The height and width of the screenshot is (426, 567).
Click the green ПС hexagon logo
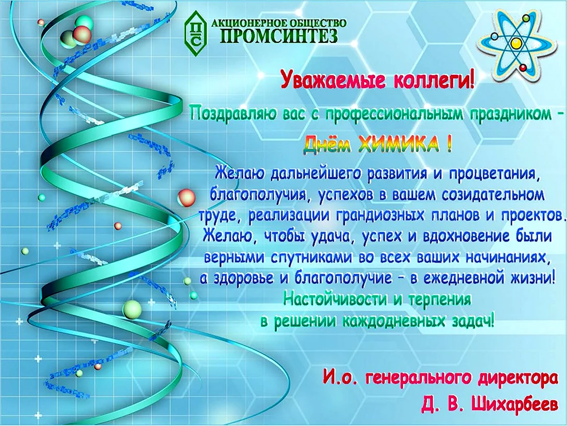pyautogui.click(x=196, y=34)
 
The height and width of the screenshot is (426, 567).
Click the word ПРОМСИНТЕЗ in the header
pyautogui.click(x=279, y=36)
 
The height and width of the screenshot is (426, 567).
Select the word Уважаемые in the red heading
pyautogui.click(x=328, y=80)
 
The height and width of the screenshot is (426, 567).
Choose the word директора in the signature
pyautogui.click(x=518, y=379)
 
